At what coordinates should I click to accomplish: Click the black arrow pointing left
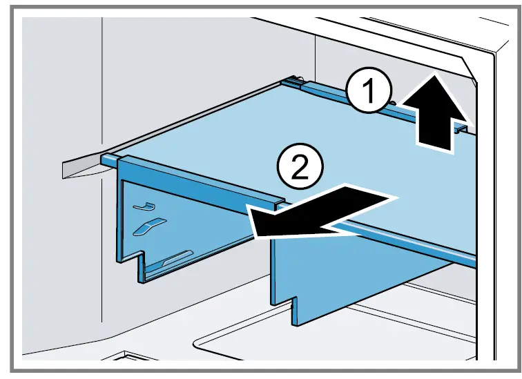pos(318,214)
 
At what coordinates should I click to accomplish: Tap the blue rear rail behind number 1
pos(331,88)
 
